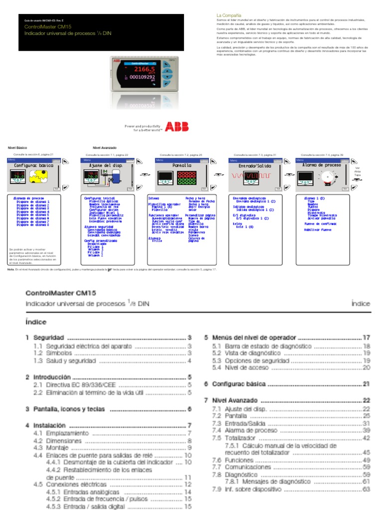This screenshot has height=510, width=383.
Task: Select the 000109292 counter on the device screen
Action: (x=142, y=78)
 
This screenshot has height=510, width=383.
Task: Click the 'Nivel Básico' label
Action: (x=17, y=148)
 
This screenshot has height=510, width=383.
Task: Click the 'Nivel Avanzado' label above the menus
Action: (x=104, y=148)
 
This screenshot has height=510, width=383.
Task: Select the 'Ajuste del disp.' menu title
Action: (x=105, y=165)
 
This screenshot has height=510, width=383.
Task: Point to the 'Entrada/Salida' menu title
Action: (x=256, y=165)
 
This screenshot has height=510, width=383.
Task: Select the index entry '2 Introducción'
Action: (x=49, y=378)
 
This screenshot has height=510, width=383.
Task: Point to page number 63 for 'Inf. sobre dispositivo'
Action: (x=367, y=490)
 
